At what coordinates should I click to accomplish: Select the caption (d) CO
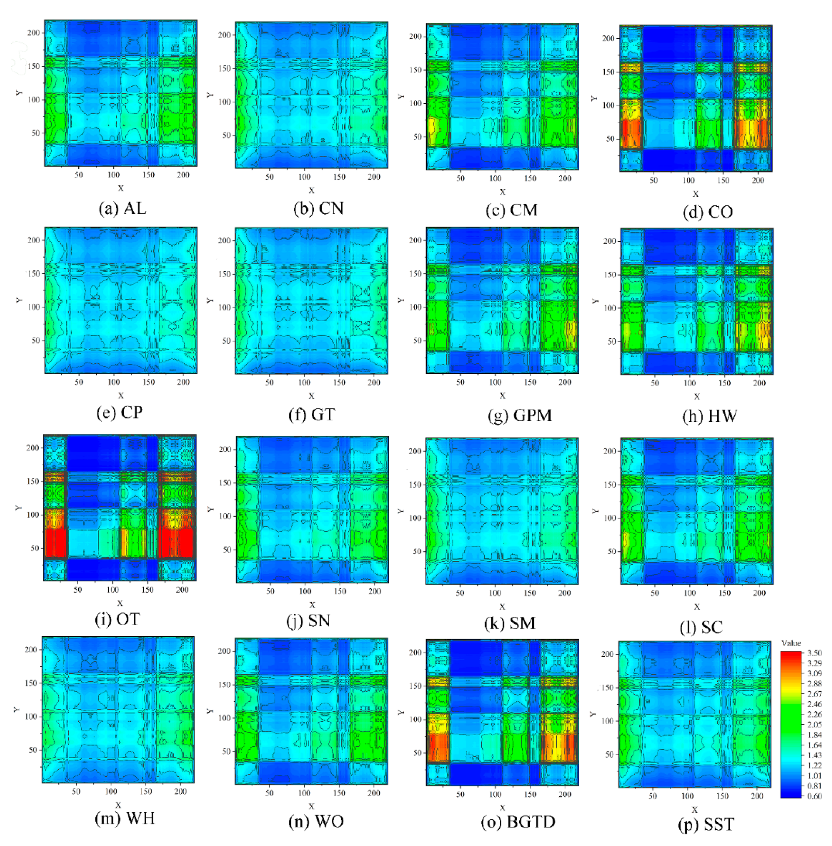(708, 212)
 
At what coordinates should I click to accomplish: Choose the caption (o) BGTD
(518, 822)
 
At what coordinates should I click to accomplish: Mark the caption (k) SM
(510, 623)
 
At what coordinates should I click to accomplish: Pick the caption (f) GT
(312, 414)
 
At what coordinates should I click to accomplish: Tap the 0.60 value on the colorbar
(814, 796)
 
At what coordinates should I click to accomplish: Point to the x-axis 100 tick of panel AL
(114, 175)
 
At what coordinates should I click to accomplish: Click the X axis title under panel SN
(312, 605)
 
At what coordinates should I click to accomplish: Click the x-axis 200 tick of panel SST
(757, 796)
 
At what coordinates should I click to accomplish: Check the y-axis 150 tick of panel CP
(34, 274)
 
